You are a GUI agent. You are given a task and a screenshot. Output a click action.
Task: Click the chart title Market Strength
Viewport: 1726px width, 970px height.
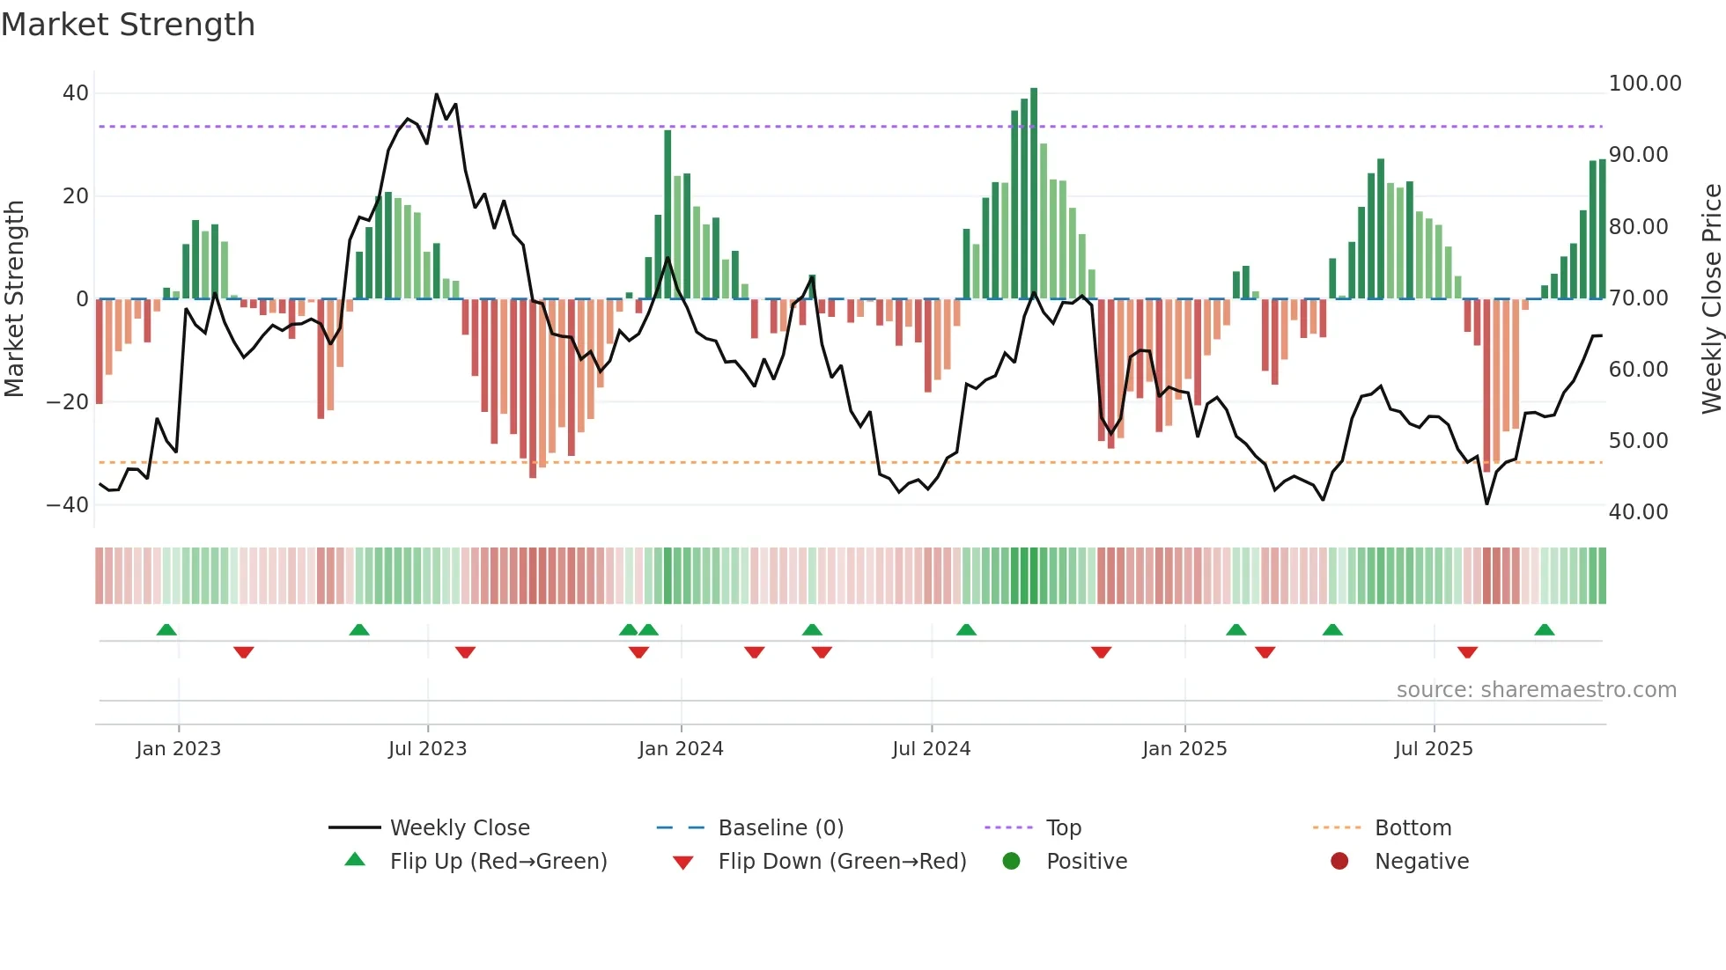click(128, 25)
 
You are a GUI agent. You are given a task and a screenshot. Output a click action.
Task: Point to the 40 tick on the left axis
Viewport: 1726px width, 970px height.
click(76, 93)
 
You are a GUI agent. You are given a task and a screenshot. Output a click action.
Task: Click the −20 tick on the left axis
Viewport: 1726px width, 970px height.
click(68, 402)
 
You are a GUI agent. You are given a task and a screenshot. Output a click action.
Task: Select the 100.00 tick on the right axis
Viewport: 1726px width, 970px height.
click(1644, 84)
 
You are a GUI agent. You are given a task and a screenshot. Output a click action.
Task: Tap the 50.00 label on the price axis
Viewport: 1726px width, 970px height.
click(1638, 441)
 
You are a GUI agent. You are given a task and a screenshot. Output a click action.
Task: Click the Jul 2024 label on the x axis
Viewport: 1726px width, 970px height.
click(931, 749)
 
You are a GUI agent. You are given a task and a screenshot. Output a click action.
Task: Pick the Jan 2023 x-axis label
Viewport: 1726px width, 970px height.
click(179, 749)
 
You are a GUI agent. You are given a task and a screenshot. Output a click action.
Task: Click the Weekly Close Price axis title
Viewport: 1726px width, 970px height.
click(1711, 298)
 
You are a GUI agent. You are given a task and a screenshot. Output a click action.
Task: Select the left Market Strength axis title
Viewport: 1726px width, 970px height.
click(15, 298)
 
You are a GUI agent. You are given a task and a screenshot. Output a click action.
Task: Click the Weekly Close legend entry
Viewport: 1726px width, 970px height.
click(460, 828)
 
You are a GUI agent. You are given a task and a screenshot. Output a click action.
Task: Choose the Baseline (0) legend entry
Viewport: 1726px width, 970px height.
click(780, 828)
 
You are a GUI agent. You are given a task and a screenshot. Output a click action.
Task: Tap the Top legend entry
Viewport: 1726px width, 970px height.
click(1063, 828)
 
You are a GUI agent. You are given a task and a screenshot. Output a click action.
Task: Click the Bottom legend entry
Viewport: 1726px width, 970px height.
click(1413, 828)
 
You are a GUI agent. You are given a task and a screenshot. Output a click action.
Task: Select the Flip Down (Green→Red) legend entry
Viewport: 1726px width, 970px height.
click(842, 862)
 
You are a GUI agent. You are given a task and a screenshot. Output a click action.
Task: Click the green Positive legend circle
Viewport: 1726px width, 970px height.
click(1011, 862)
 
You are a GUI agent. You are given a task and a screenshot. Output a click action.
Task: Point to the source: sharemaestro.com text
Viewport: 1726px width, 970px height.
click(1536, 690)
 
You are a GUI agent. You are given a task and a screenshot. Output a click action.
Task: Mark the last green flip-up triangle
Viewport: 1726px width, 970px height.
click(1544, 629)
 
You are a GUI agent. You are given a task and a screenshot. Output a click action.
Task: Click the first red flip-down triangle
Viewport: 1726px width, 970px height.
click(244, 652)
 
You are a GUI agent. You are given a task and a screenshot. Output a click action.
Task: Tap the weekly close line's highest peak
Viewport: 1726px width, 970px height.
click(436, 94)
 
